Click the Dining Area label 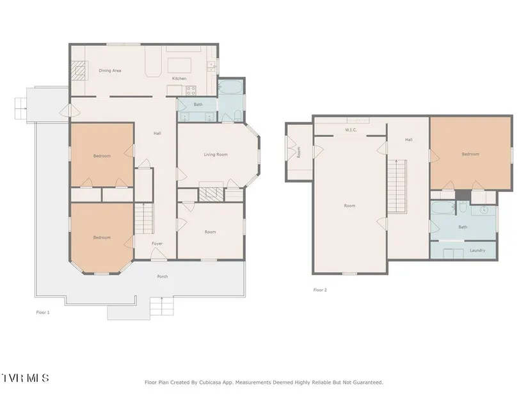pyautogui.click(x=110, y=71)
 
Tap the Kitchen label pyautogui.click(x=179, y=79)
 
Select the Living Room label pyautogui.click(x=216, y=155)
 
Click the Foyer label pyautogui.click(x=157, y=244)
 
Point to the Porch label pyautogui.click(x=163, y=276)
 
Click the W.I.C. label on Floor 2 pyautogui.click(x=351, y=130)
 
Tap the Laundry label pyautogui.click(x=477, y=251)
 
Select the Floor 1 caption pyautogui.click(x=43, y=312)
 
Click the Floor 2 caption pyautogui.click(x=320, y=290)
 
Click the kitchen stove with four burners pyautogui.click(x=191, y=90)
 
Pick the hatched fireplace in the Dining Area pyautogui.click(x=79, y=70)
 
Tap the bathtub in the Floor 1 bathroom pyautogui.click(x=230, y=87)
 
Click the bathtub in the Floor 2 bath pyautogui.click(x=443, y=208)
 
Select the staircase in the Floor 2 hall pyautogui.click(x=397, y=186)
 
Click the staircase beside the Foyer pyautogui.click(x=144, y=219)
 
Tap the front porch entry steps pyautogui.click(x=162, y=306)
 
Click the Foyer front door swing pyautogui.click(x=159, y=253)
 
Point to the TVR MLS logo pyautogui.click(x=25, y=378)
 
